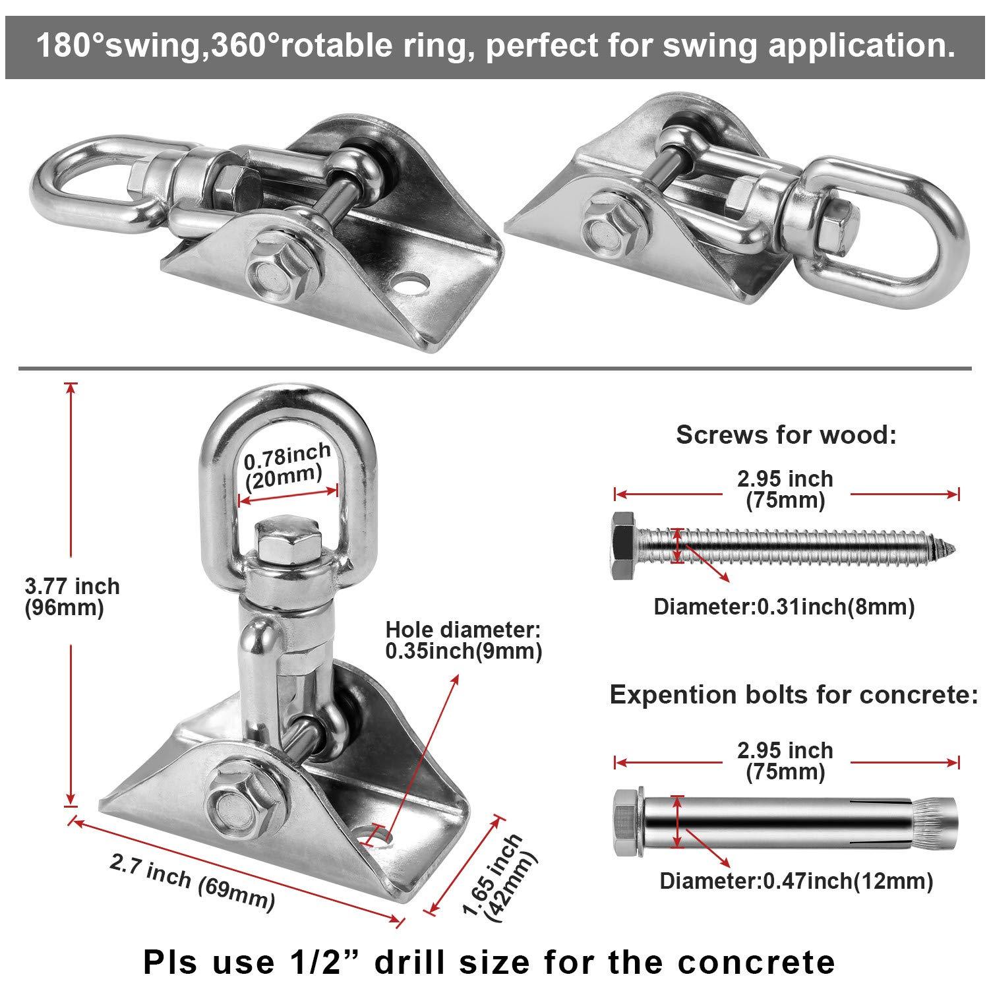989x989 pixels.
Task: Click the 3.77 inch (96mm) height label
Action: (x=72, y=596)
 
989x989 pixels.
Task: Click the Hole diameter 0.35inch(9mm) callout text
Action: (x=464, y=640)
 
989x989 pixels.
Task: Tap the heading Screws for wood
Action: (x=786, y=435)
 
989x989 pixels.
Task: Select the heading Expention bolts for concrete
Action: (x=794, y=694)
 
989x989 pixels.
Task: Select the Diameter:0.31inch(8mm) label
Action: (x=784, y=606)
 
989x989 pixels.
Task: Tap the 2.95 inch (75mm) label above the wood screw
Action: (x=785, y=490)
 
